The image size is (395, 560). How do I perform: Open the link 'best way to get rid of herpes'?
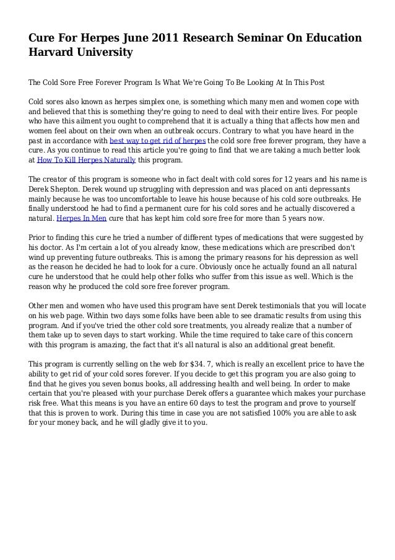[x=158, y=141]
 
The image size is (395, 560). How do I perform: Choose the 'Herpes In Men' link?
[x=81, y=218]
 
